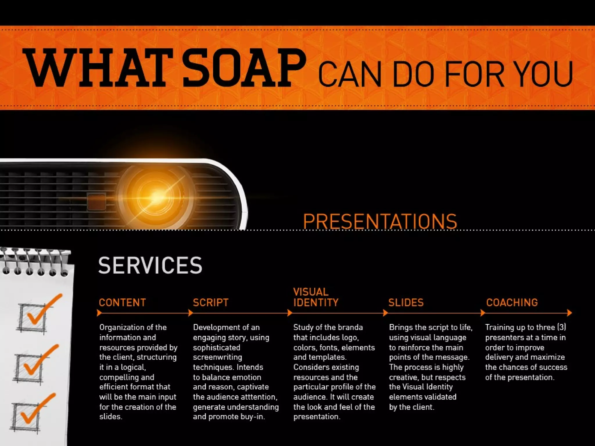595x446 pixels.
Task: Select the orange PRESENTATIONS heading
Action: (x=380, y=222)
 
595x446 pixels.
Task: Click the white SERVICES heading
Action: (x=150, y=265)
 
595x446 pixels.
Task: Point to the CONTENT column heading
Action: (x=122, y=303)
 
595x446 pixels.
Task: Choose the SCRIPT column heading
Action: (x=211, y=303)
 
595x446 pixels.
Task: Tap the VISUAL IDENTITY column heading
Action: (x=316, y=297)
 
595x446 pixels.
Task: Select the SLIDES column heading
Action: (x=406, y=303)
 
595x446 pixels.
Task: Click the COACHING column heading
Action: (x=512, y=303)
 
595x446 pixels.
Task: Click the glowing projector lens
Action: (x=155, y=196)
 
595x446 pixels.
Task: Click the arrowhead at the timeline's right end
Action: (x=569, y=313)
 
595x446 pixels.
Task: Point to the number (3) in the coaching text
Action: (x=561, y=327)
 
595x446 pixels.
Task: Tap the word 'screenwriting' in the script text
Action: (x=217, y=357)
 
